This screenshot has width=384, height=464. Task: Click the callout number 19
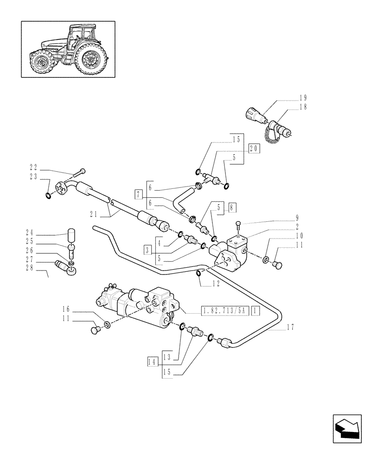point(303,97)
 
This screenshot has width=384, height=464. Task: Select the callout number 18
point(303,106)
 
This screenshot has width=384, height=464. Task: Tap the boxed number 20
point(254,148)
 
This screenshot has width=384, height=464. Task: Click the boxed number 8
point(232,207)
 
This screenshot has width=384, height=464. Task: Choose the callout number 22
point(33,167)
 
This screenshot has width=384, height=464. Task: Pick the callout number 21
point(95,213)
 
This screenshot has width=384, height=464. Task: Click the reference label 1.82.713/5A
point(225,310)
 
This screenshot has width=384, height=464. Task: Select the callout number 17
point(291,327)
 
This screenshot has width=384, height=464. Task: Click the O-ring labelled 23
point(49,195)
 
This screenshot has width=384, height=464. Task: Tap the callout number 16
point(66,309)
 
